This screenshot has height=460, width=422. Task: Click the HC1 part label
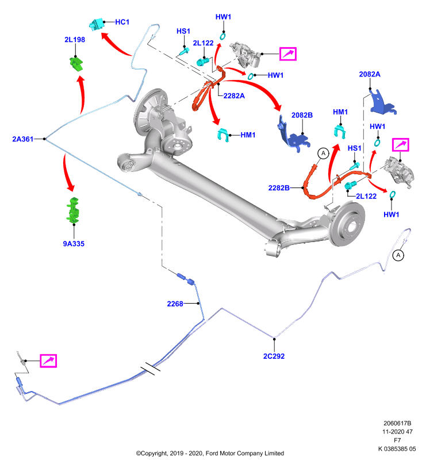122,22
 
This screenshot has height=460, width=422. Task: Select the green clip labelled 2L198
76,64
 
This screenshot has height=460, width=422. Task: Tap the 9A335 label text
74,244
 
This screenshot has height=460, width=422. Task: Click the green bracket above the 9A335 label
74,210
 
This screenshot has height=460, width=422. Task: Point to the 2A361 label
23,139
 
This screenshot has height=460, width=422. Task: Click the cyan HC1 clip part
97,24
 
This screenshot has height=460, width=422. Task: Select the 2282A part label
234,96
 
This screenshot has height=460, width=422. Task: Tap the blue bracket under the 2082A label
382,103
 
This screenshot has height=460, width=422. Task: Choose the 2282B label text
279,188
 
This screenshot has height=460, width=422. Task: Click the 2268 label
175,304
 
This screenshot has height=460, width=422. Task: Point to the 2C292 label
274,356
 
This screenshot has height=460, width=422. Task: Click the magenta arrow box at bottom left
48,361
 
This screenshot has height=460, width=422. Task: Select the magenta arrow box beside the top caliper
288,54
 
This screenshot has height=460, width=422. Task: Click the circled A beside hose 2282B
324,153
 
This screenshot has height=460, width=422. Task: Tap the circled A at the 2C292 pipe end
398,255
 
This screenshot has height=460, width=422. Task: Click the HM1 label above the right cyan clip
340,112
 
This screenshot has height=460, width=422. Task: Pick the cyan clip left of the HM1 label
223,135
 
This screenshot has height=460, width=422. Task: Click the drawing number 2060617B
397,423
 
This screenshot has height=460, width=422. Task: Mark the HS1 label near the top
183,31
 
